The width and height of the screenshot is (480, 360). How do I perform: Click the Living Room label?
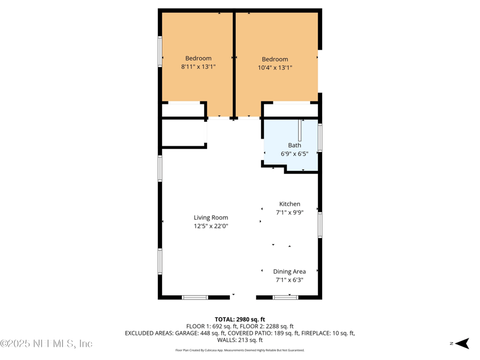[211, 218]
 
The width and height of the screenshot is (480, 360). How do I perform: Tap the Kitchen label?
[290, 204]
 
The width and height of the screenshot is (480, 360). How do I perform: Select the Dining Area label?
[289, 272]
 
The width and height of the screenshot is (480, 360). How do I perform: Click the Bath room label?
[295, 145]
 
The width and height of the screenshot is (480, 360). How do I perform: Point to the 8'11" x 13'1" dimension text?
[198, 67]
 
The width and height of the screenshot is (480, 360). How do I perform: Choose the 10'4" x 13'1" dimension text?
[275, 68]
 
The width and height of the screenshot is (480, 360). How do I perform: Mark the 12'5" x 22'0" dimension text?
[211, 226]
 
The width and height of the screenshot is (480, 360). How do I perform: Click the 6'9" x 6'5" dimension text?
[295, 154]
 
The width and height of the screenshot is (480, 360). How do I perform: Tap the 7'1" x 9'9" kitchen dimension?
[290, 212]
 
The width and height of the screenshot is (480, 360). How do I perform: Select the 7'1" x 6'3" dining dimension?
[289, 280]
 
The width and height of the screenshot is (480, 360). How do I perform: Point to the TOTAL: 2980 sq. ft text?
[239, 319]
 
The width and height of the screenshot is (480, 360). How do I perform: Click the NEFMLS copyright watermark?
[47, 344]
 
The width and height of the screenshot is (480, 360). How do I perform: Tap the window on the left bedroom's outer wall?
[160, 52]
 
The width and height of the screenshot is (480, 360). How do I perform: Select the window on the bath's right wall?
[320, 137]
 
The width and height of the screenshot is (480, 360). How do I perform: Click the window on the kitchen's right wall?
[320, 224]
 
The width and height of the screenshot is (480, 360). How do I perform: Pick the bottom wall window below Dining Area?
[285, 297]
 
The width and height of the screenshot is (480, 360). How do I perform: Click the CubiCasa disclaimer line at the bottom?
[239, 350]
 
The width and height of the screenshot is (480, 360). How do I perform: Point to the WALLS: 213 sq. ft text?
[239, 340]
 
